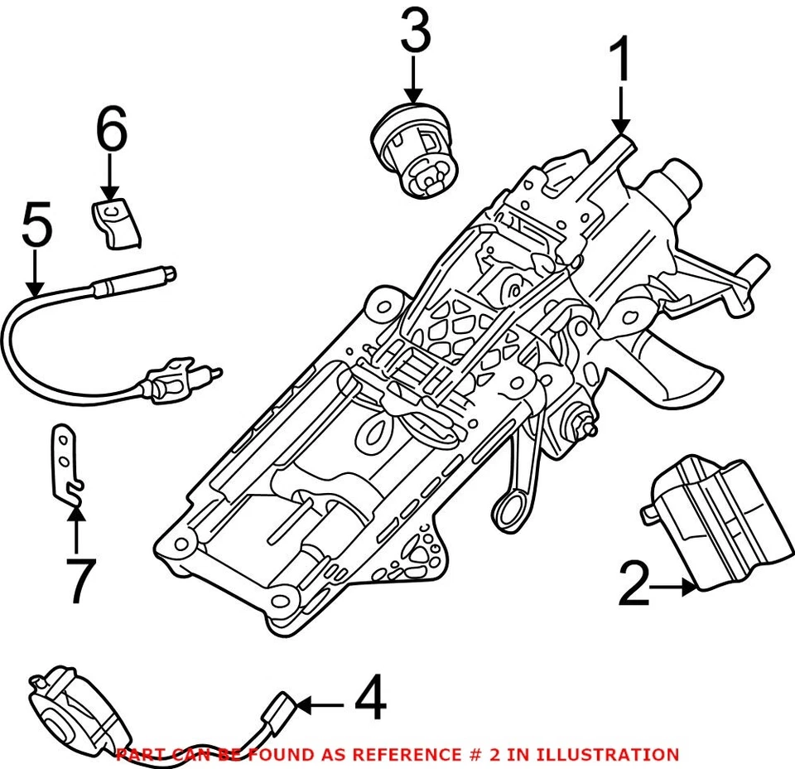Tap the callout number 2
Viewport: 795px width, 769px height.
[634, 584]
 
